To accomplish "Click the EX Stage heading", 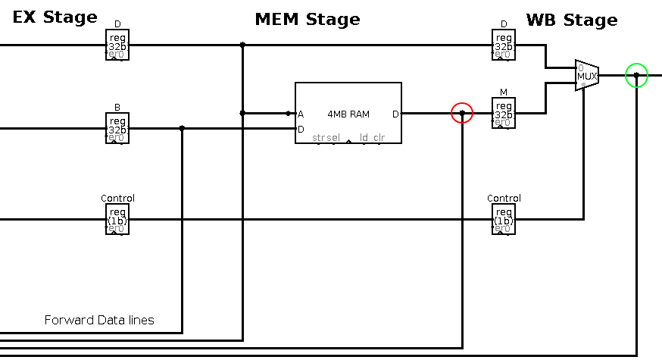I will [x=55, y=17].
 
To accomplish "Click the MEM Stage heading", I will [x=307, y=19].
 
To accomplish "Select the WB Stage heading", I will [x=572, y=20].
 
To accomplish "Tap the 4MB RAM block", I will [x=348, y=113].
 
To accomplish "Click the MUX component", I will [x=587, y=76].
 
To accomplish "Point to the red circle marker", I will [x=462, y=113].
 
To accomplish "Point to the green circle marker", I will [x=636, y=75].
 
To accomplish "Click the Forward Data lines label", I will [x=99, y=320].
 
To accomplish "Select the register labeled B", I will [x=117, y=128].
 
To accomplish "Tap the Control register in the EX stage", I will [x=117, y=219].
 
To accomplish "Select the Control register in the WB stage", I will [x=504, y=219].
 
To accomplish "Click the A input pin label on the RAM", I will [x=301, y=114].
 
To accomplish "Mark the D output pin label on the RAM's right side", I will [x=395, y=114].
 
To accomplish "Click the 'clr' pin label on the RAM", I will [x=379, y=138].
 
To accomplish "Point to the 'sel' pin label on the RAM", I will [x=333, y=138].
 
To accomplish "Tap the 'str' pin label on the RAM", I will [x=318, y=138].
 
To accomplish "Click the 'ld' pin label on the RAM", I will [x=364, y=138].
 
